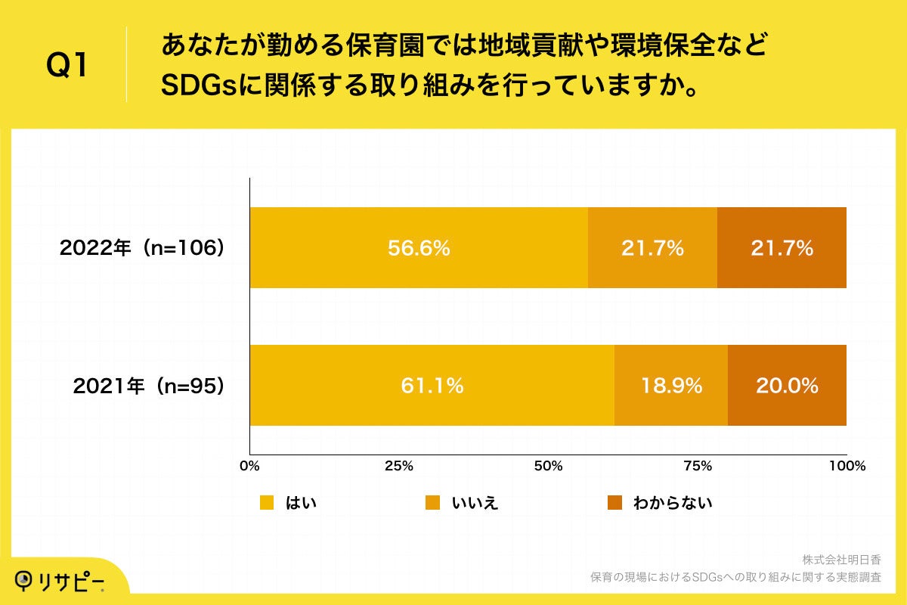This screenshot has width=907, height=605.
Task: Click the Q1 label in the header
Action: coord(67,66)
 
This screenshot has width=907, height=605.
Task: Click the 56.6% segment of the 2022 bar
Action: coord(419,248)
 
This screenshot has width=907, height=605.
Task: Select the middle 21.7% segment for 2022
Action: coord(652,248)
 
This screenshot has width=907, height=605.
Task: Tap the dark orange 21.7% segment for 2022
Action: coord(782,248)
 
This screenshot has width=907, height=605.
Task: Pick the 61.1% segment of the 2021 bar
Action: coord(432,386)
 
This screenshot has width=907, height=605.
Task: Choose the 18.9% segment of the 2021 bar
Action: coord(671,386)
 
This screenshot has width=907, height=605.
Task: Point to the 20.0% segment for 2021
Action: coord(787,386)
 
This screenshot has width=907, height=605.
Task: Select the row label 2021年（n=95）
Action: coord(149,386)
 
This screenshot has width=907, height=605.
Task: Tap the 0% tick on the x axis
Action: coord(249,466)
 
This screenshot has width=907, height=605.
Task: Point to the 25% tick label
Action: coord(398,466)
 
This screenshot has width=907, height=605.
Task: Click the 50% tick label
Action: coord(548,466)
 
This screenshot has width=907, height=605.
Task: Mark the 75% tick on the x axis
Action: coord(698,466)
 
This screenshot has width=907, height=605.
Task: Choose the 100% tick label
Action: coord(846,466)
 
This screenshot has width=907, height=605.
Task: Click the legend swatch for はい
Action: coord(267,503)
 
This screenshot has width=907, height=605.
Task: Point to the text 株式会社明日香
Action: coord(841,560)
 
